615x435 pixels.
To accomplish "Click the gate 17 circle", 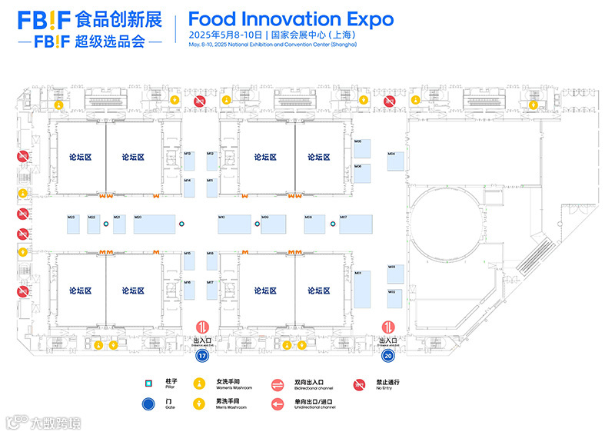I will point(203,356).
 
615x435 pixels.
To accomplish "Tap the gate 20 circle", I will point(390,356).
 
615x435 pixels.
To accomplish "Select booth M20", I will point(155,224).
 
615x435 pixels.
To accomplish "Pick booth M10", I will point(234,224).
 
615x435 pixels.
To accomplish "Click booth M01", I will point(363,289).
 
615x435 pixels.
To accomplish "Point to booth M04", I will point(395,168).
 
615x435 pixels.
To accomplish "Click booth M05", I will point(363,149).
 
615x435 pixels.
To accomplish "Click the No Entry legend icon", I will point(358,384).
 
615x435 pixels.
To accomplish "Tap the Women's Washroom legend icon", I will point(199,384).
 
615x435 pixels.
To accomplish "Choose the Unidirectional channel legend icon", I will point(278,403).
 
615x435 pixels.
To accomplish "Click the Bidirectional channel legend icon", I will point(278,384).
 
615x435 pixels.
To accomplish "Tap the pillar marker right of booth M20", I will point(182,224).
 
